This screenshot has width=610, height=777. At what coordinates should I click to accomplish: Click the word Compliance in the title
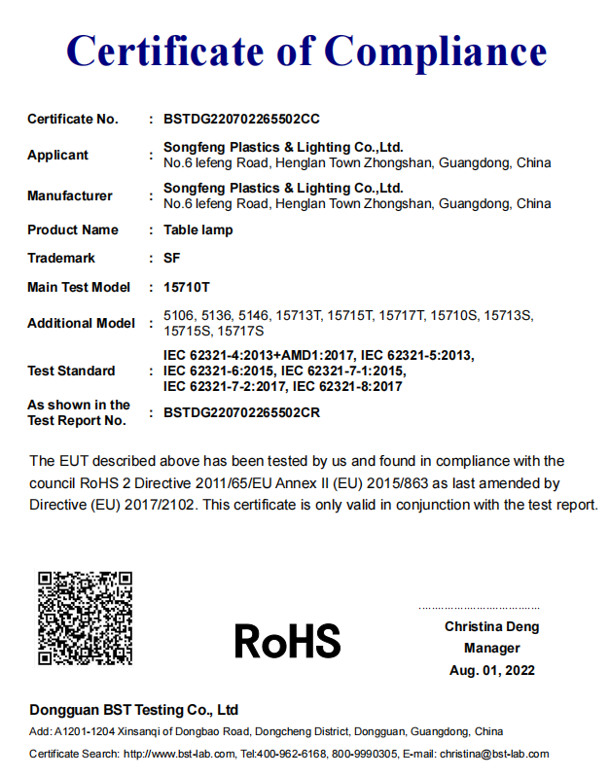(x=435, y=50)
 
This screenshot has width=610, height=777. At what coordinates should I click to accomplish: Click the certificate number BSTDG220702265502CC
(x=241, y=120)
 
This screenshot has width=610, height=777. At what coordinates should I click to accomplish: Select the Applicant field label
(x=57, y=155)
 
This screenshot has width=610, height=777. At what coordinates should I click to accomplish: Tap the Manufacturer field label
(x=70, y=195)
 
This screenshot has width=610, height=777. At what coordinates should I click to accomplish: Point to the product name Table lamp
(x=198, y=230)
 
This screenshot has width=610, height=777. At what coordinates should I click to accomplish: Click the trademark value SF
(x=172, y=259)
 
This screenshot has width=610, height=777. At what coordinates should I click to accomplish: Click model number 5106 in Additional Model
(x=179, y=315)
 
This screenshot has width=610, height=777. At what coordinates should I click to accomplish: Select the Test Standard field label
(x=71, y=371)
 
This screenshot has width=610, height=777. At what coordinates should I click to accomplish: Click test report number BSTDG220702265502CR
(x=241, y=412)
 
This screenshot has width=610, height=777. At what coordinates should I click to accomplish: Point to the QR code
(x=85, y=618)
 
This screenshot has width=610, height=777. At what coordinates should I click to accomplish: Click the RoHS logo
(x=287, y=641)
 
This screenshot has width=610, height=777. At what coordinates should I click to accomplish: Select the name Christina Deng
(x=491, y=627)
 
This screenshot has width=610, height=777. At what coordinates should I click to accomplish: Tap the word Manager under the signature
(x=491, y=649)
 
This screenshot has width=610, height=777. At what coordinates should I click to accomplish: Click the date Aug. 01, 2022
(x=491, y=670)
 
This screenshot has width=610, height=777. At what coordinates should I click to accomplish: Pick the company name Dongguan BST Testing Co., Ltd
(x=133, y=710)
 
